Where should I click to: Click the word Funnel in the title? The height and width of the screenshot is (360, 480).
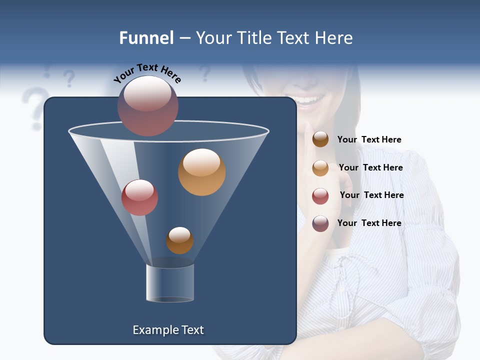(146, 38)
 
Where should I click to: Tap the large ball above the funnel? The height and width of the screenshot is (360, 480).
(147, 105)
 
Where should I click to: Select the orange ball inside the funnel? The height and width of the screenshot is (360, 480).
(201, 172)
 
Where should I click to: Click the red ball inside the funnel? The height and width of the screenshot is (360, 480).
(139, 197)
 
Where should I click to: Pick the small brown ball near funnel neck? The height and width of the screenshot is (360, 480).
(179, 240)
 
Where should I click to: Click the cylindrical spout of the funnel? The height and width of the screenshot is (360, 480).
(170, 283)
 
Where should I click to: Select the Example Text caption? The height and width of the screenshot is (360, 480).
(168, 330)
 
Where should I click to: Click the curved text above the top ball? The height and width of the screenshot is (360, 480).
(147, 73)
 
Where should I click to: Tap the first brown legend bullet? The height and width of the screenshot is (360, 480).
(320, 139)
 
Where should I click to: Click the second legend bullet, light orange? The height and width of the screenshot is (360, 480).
(320, 168)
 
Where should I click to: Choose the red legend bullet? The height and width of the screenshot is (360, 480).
(320, 196)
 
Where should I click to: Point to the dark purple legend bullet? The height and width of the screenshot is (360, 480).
(320, 223)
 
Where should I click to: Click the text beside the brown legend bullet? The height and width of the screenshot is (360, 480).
(369, 139)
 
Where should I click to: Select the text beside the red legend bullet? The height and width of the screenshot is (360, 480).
(371, 195)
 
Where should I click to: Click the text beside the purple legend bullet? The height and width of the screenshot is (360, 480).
(369, 223)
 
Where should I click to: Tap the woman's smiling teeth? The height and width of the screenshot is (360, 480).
(310, 100)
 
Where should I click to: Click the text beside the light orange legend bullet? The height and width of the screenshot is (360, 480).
(370, 167)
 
